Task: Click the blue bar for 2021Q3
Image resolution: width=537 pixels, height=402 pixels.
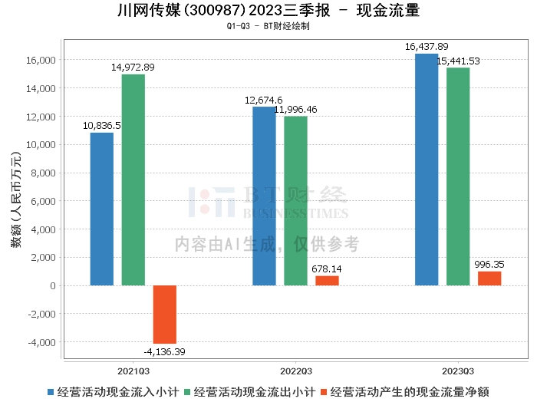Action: coord(102,209)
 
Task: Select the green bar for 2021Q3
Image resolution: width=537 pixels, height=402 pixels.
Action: coord(133,180)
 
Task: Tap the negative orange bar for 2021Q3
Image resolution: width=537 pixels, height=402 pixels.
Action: coord(165,315)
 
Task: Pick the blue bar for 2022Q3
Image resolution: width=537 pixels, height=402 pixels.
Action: coord(264,196)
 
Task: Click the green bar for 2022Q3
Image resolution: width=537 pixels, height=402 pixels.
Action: coord(295,201)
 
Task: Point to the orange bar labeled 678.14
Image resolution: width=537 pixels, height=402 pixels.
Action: coord(327,281)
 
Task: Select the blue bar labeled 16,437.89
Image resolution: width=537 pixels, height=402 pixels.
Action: coord(427,170)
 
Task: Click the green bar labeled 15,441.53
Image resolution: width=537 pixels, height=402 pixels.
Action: coord(458,176)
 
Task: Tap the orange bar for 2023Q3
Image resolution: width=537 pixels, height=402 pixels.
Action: coord(489,278)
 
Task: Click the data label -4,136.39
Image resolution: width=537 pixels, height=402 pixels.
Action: coord(164,351)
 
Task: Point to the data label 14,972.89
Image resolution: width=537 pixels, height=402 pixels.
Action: coord(133,67)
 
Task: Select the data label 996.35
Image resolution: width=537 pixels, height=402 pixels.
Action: coord(489,265)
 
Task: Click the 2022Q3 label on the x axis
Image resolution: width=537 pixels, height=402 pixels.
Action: coord(296,371)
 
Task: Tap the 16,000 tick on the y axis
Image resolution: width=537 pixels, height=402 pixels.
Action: coord(41,61)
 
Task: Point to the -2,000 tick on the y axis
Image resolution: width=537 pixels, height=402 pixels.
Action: coord(41,314)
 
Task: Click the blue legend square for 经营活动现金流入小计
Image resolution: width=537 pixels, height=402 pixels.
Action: coord(51,392)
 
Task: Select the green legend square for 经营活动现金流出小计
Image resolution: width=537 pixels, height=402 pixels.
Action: coord(187,392)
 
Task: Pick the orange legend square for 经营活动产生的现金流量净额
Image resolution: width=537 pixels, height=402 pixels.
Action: coord(324,392)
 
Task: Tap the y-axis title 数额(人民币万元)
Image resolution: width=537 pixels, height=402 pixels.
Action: coord(16,199)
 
